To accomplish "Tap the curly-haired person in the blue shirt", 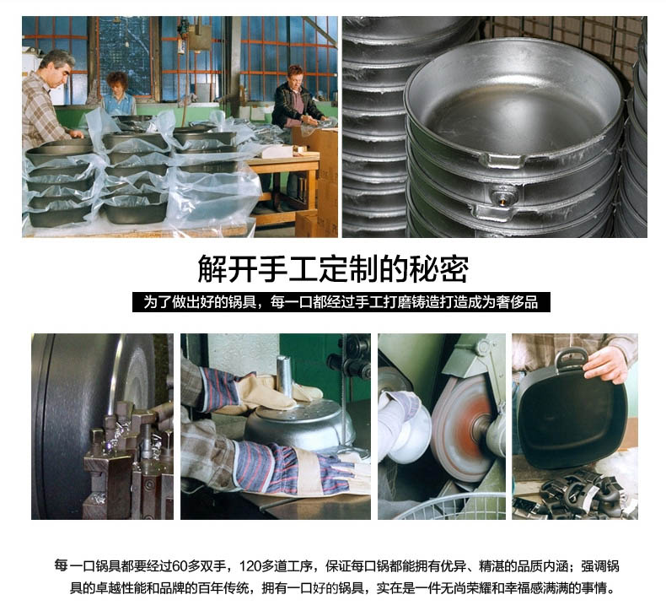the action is click(119, 95).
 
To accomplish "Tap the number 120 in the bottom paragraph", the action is click(250, 566).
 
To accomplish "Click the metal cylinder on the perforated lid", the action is click(284, 377).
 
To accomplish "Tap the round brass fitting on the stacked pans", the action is click(504, 194).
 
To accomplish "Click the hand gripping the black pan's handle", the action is click(606, 364).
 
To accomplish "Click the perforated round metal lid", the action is click(299, 423).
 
